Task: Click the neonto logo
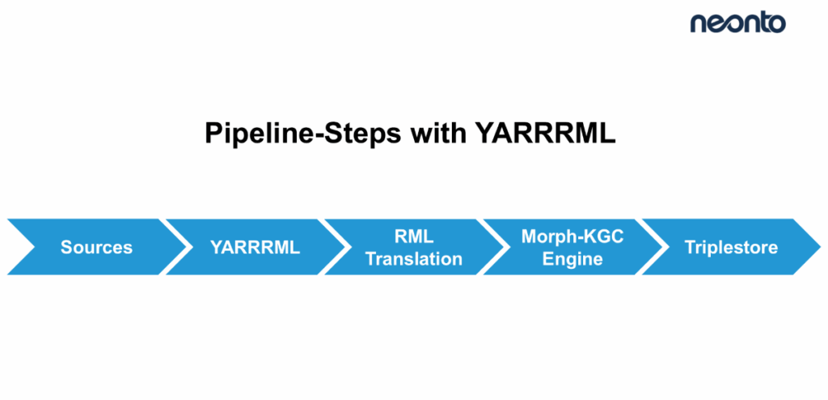pos(737,23)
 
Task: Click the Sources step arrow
pos(96,247)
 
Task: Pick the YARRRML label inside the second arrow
pos(255,248)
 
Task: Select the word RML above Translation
pos(414,236)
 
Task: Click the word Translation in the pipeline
pos(414,259)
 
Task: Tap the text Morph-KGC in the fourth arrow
pos(572,236)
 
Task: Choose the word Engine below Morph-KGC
pos(572,259)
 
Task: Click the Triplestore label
pos(731,248)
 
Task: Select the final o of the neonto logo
pos(775,24)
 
